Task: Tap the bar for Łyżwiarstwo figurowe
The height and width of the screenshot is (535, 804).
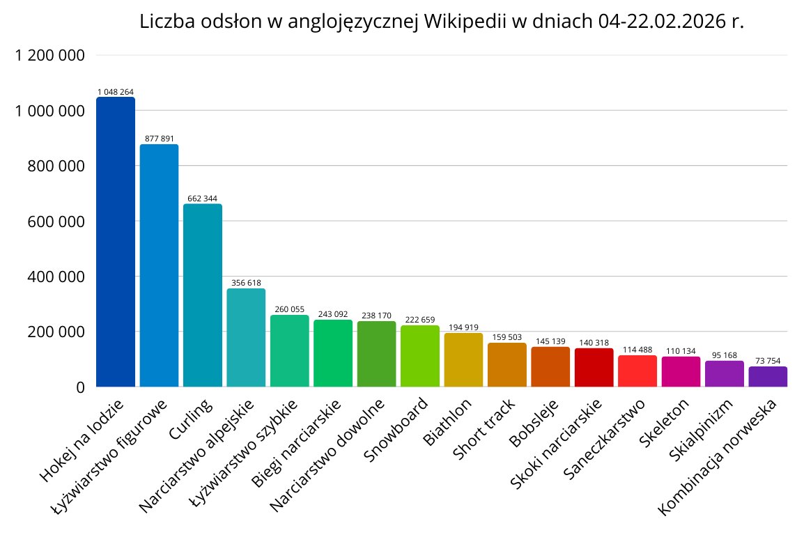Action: [x=159, y=265]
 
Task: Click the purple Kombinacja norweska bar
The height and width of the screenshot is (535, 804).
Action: [x=768, y=376]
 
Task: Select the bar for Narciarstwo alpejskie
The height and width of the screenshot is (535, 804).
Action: [x=246, y=337]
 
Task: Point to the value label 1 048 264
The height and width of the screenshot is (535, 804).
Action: [x=115, y=92]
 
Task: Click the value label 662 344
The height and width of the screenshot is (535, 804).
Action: [x=202, y=199]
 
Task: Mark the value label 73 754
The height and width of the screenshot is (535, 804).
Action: [x=768, y=361]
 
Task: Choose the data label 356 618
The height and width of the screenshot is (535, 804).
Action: [x=246, y=283]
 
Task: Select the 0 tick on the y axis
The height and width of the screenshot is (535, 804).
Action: [x=79, y=387]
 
